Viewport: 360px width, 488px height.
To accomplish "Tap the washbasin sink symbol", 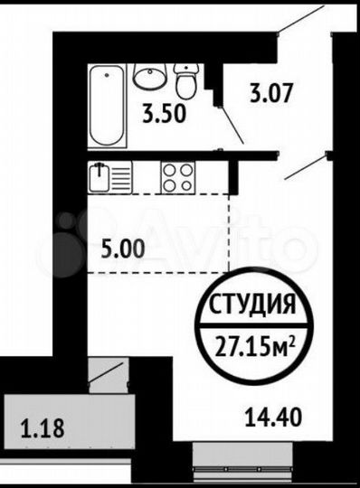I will (149, 78).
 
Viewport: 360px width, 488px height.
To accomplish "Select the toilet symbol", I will (185, 81).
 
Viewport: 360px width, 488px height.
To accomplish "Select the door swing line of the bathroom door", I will (232, 126).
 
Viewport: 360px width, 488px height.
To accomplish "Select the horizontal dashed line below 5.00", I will (154, 272).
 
